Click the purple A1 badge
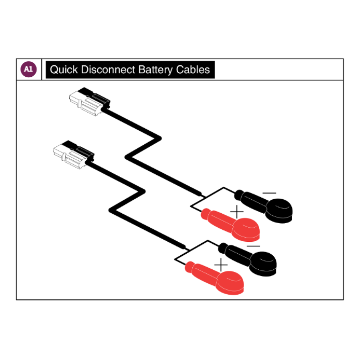[x=28, y=69]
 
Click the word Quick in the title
[x=64, y=70]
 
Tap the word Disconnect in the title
[x=108, y=70]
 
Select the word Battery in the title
[x=155, y=70]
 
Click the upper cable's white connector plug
[x=90, y=101]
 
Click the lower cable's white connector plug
[x=73, y=155]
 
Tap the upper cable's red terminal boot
[x=231, y=225]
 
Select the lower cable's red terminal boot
[x=215, y=278]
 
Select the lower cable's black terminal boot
[x=248, y=259]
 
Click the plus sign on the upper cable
[x=237, y=212]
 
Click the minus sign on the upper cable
[x=269, y=193]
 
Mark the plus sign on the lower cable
[x=221, y=265]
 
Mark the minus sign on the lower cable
[x=253, y=246]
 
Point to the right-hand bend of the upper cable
[x=159, y=138]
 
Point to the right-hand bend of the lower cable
[x=143, y=191]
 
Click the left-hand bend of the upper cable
[x=127, y=157]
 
